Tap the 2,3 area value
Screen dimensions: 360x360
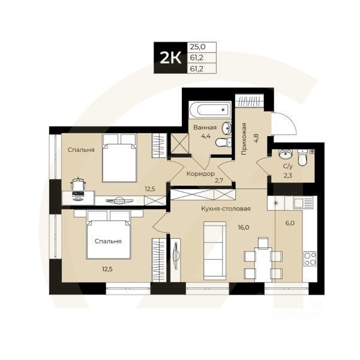coord(287,175)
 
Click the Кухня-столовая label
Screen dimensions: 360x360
coord(226,209)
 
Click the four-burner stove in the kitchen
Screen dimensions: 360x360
coord(310,260)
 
